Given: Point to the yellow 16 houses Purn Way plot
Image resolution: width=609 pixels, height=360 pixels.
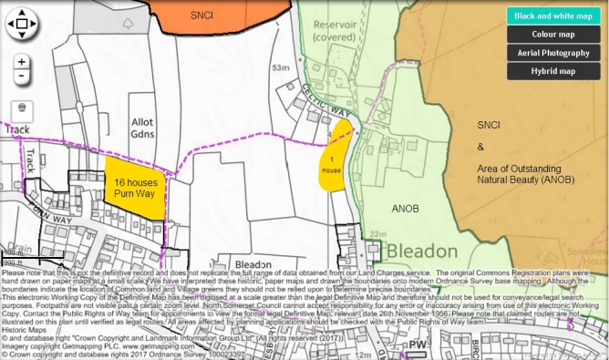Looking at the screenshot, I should tap(137, 186).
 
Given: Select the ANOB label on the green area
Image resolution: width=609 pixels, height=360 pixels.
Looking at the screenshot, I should tap(404, 207).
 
